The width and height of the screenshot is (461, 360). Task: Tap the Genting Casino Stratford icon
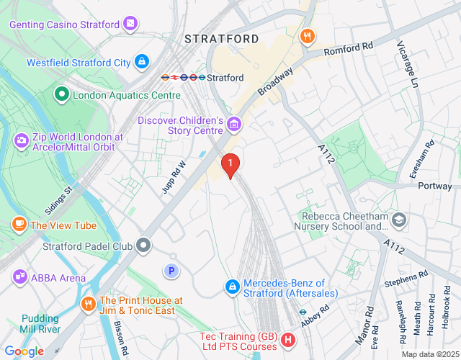130,24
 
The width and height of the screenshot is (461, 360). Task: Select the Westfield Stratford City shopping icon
143,62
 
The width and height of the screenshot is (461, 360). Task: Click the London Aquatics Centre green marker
62,94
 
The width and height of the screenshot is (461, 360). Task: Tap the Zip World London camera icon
22,138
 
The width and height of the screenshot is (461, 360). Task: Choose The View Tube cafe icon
19,225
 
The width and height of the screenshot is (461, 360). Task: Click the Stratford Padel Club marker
144,246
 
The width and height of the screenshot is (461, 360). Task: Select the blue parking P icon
171,271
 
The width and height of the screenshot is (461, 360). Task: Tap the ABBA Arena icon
19,277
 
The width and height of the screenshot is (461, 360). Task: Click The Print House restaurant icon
89,303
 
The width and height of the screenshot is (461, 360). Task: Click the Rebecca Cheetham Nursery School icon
399,220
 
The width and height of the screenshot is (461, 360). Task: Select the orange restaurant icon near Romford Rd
308,35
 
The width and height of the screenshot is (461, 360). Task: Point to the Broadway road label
277,82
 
